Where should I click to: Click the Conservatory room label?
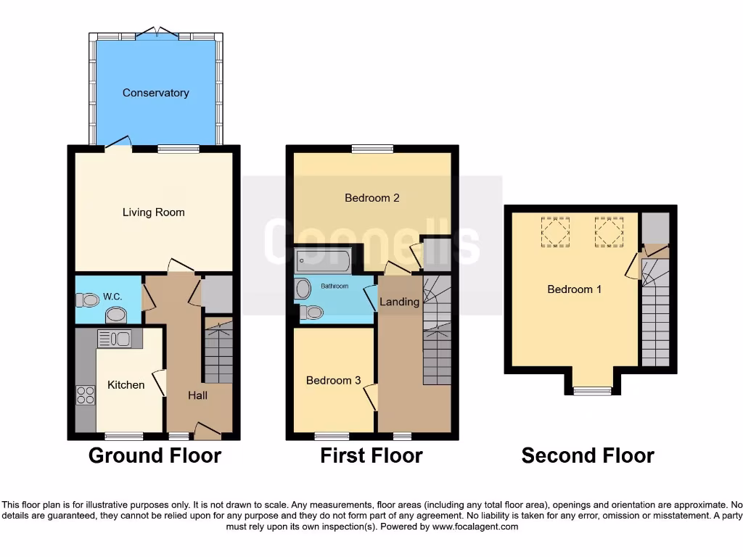point(155,93)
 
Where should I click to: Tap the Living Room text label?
point(153,213)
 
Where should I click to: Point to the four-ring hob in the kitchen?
point(86,395)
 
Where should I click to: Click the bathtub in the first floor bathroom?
point(323,260)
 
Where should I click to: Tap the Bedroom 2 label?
point(372,198)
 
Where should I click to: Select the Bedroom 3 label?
point(333,380)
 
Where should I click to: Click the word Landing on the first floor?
point(399,302)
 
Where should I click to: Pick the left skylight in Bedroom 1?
point(557,233)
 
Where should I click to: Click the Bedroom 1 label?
point(574,289)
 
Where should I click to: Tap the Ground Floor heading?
point(155,455)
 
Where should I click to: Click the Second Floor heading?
point(588,455)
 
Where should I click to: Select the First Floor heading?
point(371,455)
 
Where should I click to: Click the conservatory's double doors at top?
point(157,32)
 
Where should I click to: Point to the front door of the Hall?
point(208,432)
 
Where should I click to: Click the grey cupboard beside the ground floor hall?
point(216,294)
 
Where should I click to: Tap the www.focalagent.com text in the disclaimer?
point(475,527)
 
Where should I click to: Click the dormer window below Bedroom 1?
point(592,392)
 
